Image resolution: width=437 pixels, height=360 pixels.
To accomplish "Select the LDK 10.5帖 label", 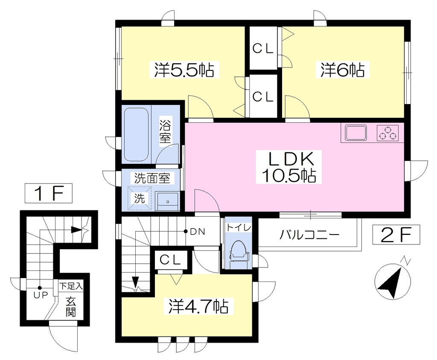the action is point(289,167).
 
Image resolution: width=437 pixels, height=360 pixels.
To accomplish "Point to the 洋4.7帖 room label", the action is point(198,306).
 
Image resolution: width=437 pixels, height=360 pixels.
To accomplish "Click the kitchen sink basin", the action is point(356,133).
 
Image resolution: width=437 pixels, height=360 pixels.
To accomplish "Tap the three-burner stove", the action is point(387,133).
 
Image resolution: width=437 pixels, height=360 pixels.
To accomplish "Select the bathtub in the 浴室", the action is point(136,134).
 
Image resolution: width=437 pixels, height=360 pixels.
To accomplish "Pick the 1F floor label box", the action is point(49,193).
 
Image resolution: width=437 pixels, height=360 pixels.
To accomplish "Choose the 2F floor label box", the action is point(396,235).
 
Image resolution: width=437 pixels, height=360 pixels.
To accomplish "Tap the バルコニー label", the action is point(309,235).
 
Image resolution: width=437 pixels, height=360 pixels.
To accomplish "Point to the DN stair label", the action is point(197,231).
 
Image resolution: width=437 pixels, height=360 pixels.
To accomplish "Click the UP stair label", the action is point(41,295).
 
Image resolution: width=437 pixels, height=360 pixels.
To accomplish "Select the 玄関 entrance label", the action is point(71,307).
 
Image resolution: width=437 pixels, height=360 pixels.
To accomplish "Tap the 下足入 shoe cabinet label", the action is point(71,286).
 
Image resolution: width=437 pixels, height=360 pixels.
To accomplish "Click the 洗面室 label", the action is point(152,178).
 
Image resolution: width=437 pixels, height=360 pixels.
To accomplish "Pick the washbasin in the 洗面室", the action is point(167,201).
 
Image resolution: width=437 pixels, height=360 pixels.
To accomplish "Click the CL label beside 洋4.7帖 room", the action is point(171,260).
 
